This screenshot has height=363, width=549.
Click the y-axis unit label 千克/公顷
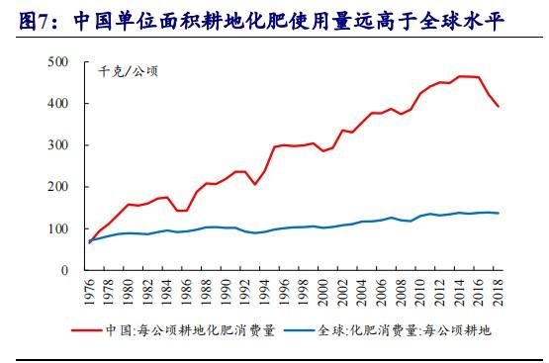point(128,71)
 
